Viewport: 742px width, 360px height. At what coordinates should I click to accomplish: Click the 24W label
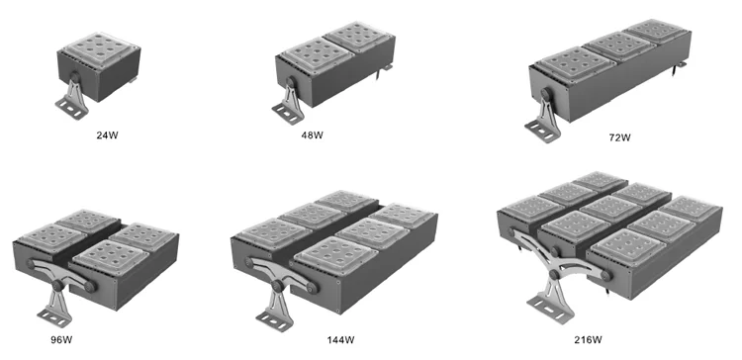107,135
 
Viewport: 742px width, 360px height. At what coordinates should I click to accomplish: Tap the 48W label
312,135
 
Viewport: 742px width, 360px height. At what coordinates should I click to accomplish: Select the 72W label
619,137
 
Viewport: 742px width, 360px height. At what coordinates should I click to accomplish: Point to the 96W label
61,339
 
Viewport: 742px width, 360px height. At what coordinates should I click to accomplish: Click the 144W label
340,339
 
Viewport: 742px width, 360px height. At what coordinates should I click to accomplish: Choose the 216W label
588,339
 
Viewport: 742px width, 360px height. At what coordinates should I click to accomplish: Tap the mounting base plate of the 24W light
71,109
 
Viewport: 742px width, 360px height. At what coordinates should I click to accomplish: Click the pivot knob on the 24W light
75,77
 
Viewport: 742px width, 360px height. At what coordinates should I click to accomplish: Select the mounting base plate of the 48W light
288,114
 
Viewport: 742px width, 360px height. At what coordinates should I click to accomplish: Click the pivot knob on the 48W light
290,83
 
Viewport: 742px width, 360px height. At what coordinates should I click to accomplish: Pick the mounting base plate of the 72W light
542,131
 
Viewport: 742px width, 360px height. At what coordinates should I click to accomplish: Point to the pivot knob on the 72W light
546,94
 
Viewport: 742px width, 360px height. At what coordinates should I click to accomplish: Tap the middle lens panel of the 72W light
618,45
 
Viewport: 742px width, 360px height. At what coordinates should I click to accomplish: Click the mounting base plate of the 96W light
54,317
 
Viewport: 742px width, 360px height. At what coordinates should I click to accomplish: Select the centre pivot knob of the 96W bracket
58,285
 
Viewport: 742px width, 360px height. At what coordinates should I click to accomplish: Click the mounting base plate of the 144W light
273,320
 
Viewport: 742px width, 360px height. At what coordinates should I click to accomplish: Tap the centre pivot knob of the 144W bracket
277,286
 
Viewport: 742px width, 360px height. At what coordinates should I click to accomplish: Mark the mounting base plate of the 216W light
551,310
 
